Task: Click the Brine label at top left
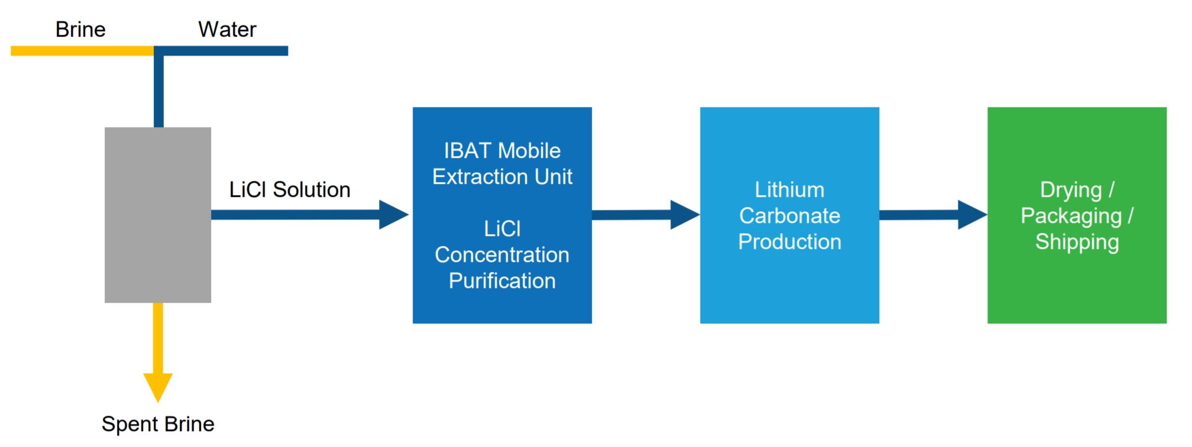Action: coord(80,30)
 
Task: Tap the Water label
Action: coord(227,30)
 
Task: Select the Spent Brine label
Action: coord(158,424)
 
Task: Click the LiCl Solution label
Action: coord(290,190)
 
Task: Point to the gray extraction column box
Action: coord(158,215)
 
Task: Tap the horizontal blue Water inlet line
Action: coord(225,51)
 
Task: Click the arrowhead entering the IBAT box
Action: coord(393,215)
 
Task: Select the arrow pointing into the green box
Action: coord(933,215)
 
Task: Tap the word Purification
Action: coord(502,281)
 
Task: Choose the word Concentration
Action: coord(502,255)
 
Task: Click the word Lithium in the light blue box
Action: coord(789,190)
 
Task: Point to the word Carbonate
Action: coord(789,216)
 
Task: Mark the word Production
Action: coord(789,242)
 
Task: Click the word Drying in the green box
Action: coord(1071,190)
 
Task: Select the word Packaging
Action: coord(1071,216)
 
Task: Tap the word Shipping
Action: coord(1077,242)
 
